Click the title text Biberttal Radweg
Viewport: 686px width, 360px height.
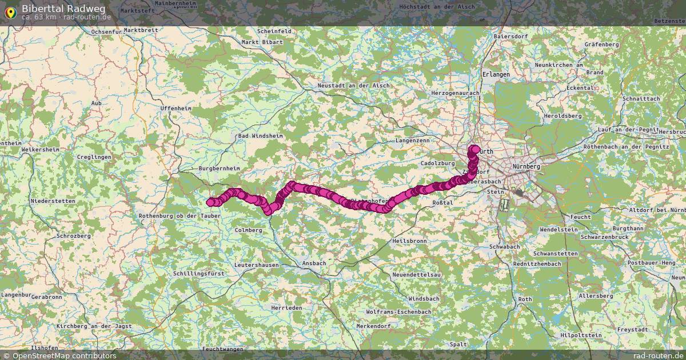pyautogui.click(x=63, y=8)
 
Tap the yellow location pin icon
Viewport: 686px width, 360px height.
pyautogui.click(x=10, y=11)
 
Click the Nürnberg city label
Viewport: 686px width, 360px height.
pyautogui.click(x=527, y=166)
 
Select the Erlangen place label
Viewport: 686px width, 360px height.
pyautogui.click(x=496, y=74)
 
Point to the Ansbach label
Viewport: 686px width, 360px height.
pyautogui.click(x=313, y=263)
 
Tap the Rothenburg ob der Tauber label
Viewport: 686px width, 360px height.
pyautogui.click(x=180, y=216)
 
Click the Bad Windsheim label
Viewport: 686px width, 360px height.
pyautogui.click(x=260, y=136)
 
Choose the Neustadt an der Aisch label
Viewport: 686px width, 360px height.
pyautogui.click(x=353, y=86)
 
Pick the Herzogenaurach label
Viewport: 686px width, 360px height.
pyautogui.click(x=456, y=93)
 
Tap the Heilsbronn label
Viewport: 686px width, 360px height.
pyautogui.click(x=409, y=241)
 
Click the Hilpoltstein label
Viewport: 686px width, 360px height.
pyautogui.click(x=581, y=335)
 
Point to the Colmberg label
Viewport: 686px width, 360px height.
pyautogui.click(x=248, y=230)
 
